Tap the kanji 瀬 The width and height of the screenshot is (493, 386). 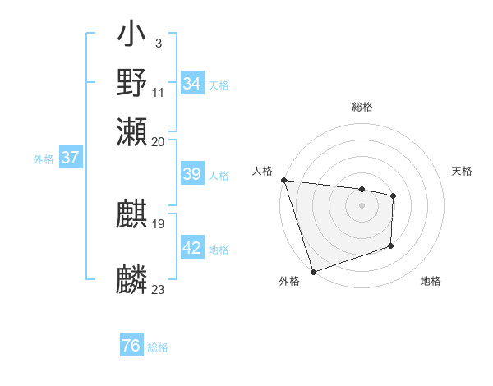132,131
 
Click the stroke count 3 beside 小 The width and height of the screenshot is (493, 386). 158,44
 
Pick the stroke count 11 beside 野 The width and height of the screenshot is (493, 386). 159,92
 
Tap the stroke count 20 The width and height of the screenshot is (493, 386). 159,141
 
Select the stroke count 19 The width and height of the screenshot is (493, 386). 159,223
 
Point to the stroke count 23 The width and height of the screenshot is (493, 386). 159,290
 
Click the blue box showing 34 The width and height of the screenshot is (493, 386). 192,84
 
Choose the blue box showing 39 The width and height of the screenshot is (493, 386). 192,174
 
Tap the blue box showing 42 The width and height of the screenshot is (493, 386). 192,248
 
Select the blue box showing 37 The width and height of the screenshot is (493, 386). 70,158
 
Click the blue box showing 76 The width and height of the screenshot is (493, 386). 131,346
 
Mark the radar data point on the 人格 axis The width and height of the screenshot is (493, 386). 283,180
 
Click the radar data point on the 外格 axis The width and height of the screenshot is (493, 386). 314,272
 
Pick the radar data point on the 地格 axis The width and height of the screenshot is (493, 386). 391,246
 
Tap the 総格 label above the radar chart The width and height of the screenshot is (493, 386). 362,108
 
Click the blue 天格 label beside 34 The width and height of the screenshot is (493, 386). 219,85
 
